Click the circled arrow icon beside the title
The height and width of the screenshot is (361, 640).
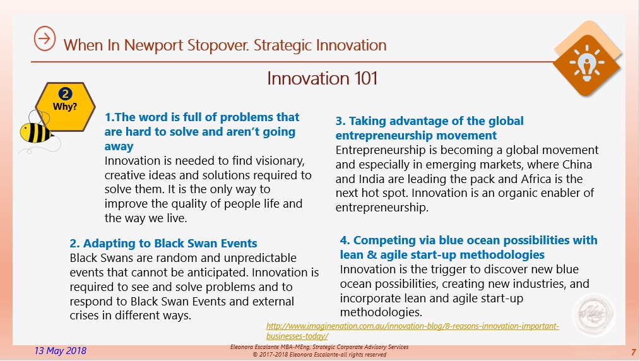(44, 38)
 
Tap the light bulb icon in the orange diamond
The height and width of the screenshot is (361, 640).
(587, 63)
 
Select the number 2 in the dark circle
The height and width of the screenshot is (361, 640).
(65, 94)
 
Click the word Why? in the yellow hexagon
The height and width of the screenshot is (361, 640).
(65, 107)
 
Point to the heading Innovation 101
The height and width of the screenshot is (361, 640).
(322, 78)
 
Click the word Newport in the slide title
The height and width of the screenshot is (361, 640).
(153, 45)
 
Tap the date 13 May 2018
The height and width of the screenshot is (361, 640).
(61, 351)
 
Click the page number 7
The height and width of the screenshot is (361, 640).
(633, 352)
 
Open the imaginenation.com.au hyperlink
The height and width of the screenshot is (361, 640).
(413, 331)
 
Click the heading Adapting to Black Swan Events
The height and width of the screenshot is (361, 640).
(163, 244)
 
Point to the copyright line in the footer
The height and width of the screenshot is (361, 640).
(319, 355)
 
